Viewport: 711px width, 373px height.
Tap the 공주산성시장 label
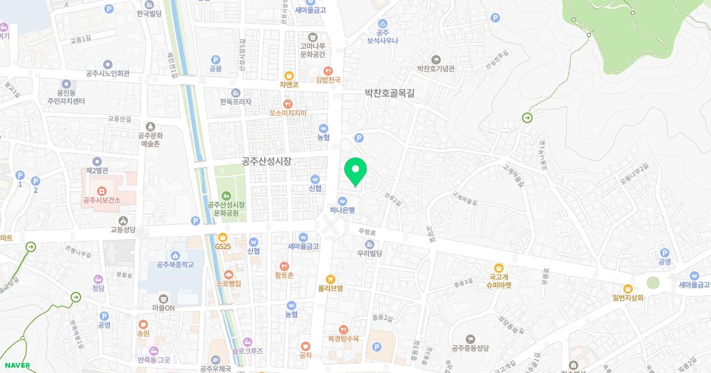click(x=267, y=161)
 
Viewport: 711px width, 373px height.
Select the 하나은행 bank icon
click(x=342, y=200)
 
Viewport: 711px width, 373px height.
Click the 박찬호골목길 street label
click(x=389, y=93)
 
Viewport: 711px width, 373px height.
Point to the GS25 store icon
click(x=223, y=237)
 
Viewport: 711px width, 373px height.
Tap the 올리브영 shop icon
click(x=331, y=279)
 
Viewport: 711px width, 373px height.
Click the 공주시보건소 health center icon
click(x=102, y=191)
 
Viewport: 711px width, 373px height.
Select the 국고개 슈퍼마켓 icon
click(x=499, y=268)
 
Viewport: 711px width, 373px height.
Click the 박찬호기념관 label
click(x=435, y=69)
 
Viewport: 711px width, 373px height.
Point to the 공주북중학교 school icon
click(x=175, y=255)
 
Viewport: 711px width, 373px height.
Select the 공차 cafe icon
click(x=306, y=346)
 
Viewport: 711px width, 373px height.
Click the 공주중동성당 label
click(x=470, y=348)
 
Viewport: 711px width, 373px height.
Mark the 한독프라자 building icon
click(x=236, y=92)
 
